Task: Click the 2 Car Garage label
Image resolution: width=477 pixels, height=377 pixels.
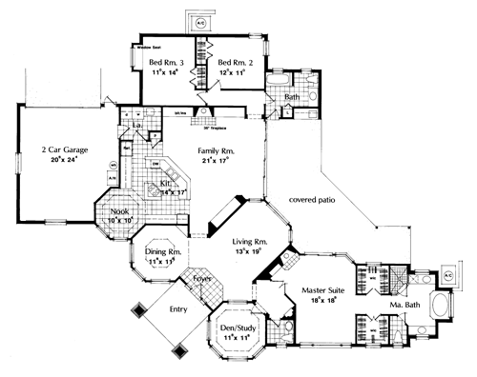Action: click(x=58, y=150)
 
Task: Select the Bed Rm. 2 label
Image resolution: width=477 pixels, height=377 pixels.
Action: click(x=233, y=60)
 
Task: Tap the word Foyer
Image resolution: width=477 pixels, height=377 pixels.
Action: click(x=202, y=279)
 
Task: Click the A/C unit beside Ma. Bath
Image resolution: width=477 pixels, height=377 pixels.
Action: click(x=448, y=272)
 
